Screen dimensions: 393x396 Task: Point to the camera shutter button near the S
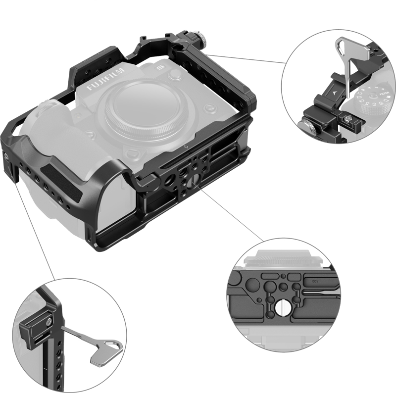coord(174,75)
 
